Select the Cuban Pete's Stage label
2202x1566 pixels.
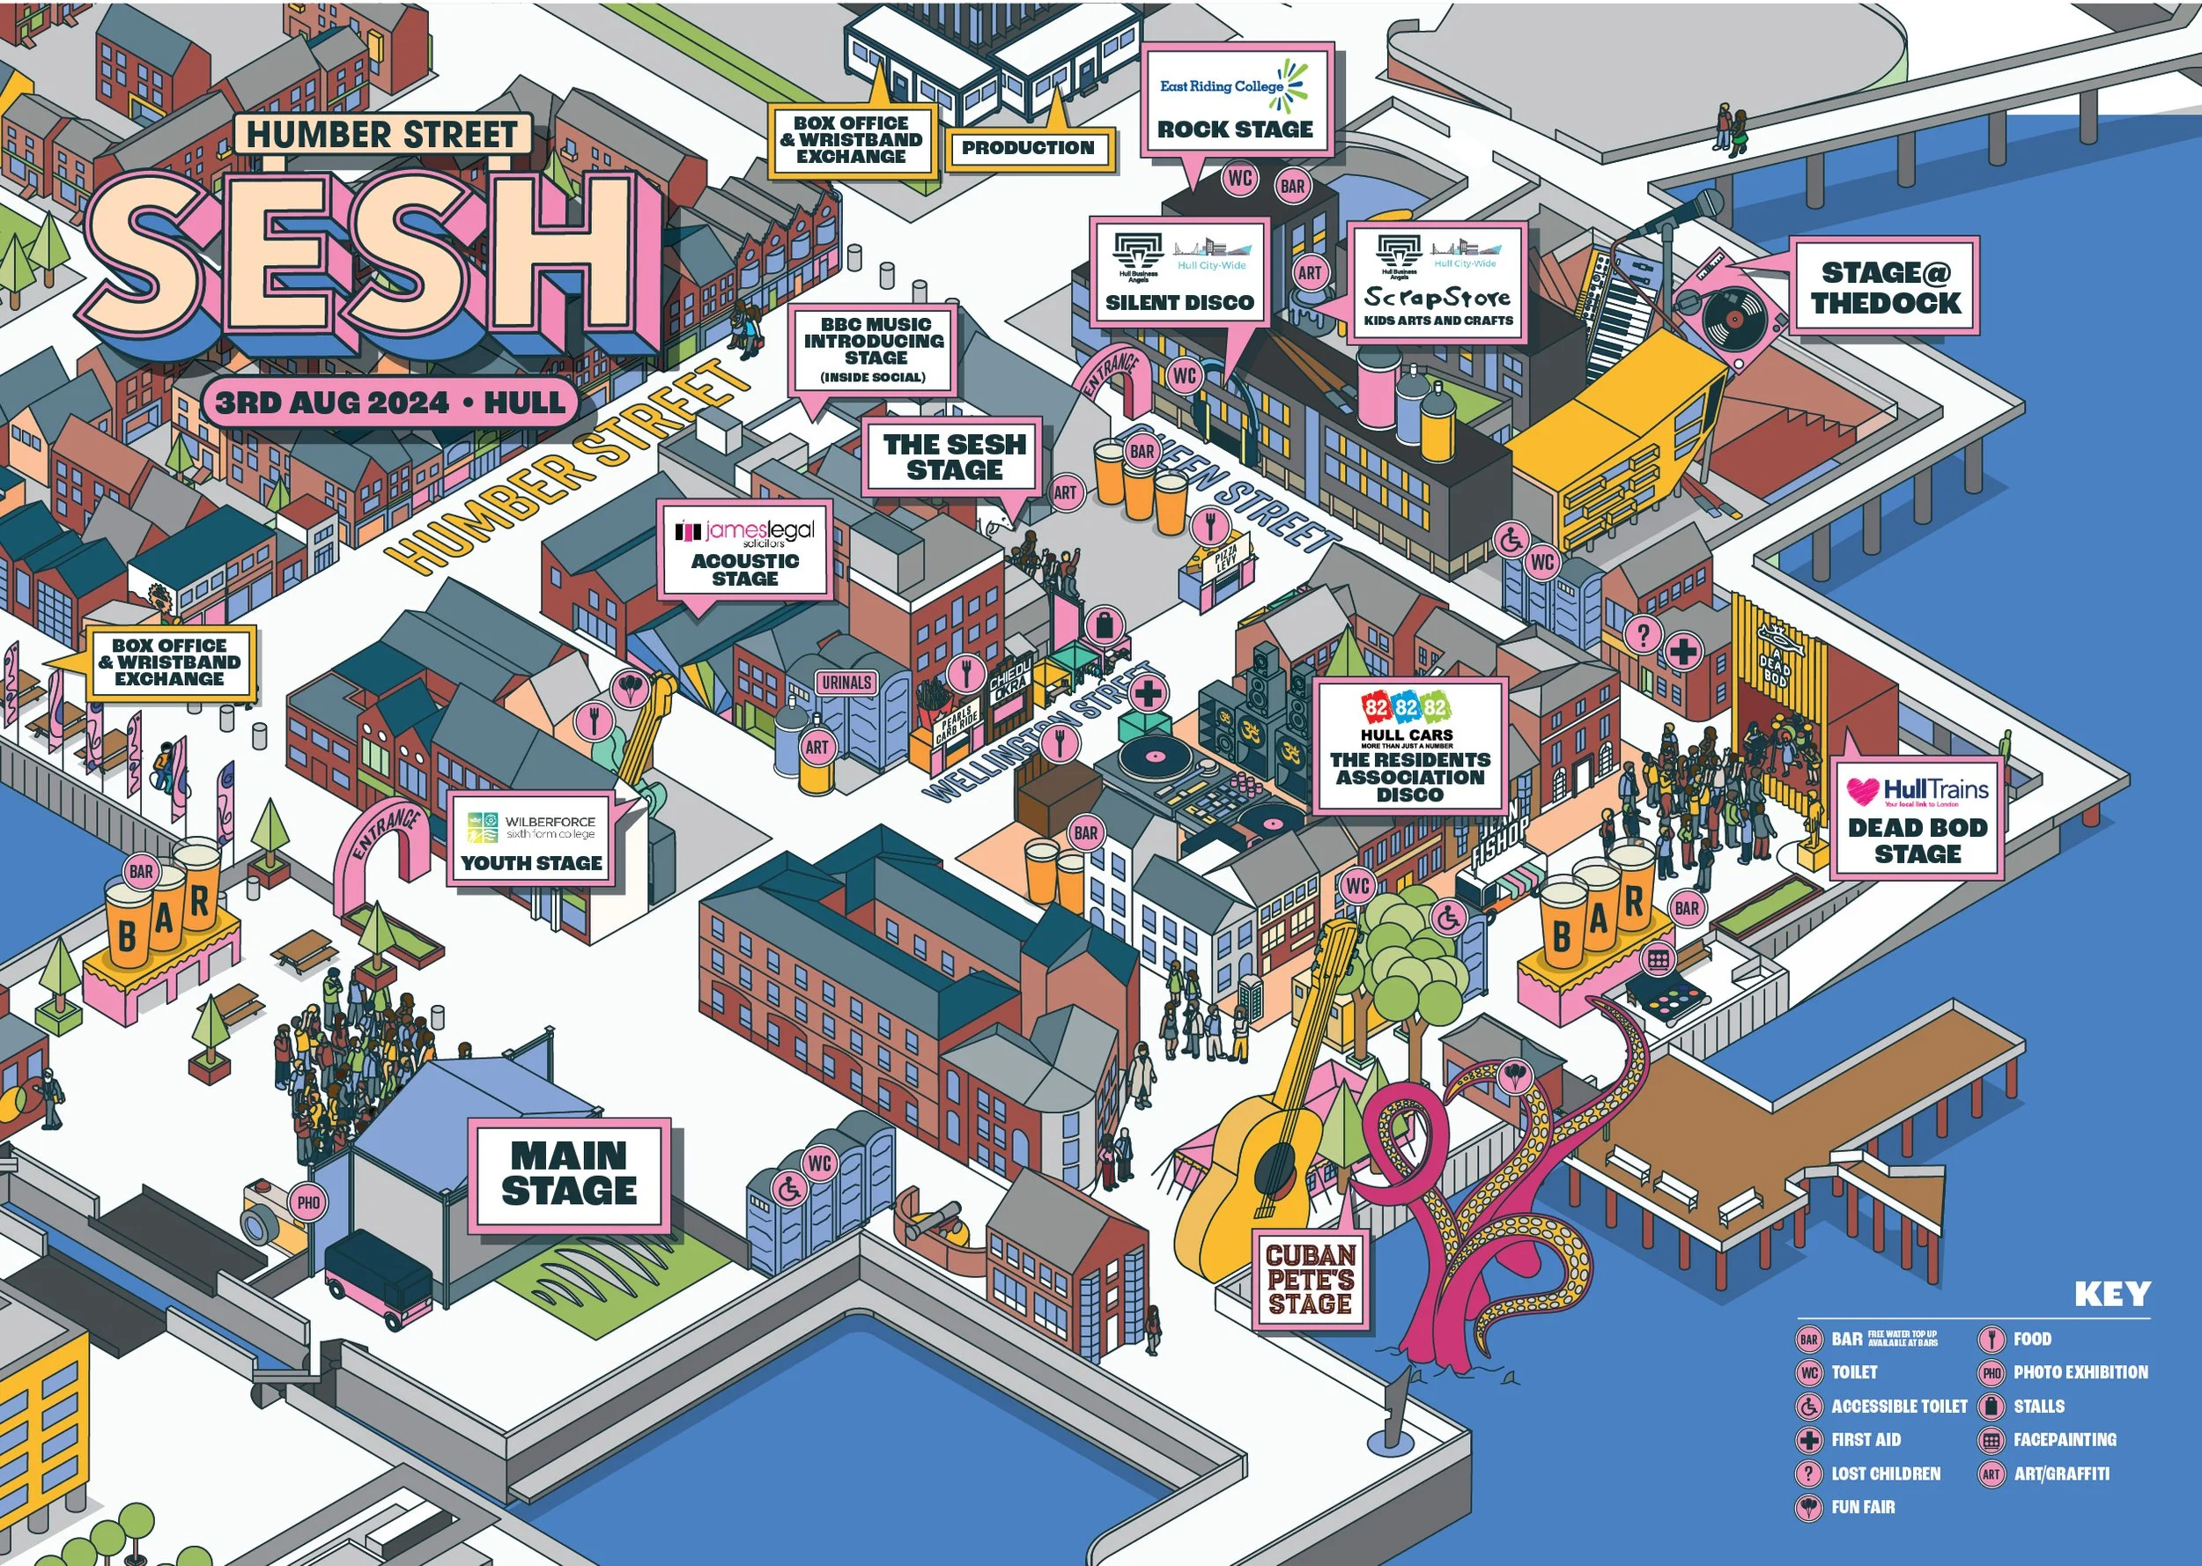click(x=1311, y=1280)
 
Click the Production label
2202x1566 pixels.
click(x=1028, y=149)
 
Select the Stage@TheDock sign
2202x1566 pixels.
click(x=1885, y=286)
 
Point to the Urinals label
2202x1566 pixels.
click(x=846, y=683)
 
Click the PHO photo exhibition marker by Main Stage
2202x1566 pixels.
click(x=308, y=1202)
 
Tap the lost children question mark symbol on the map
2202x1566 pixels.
click(x=1643, y=634)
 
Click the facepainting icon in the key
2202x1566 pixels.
click(x=1990, y=1440)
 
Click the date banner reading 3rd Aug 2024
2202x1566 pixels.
click(x=389, y=403)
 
